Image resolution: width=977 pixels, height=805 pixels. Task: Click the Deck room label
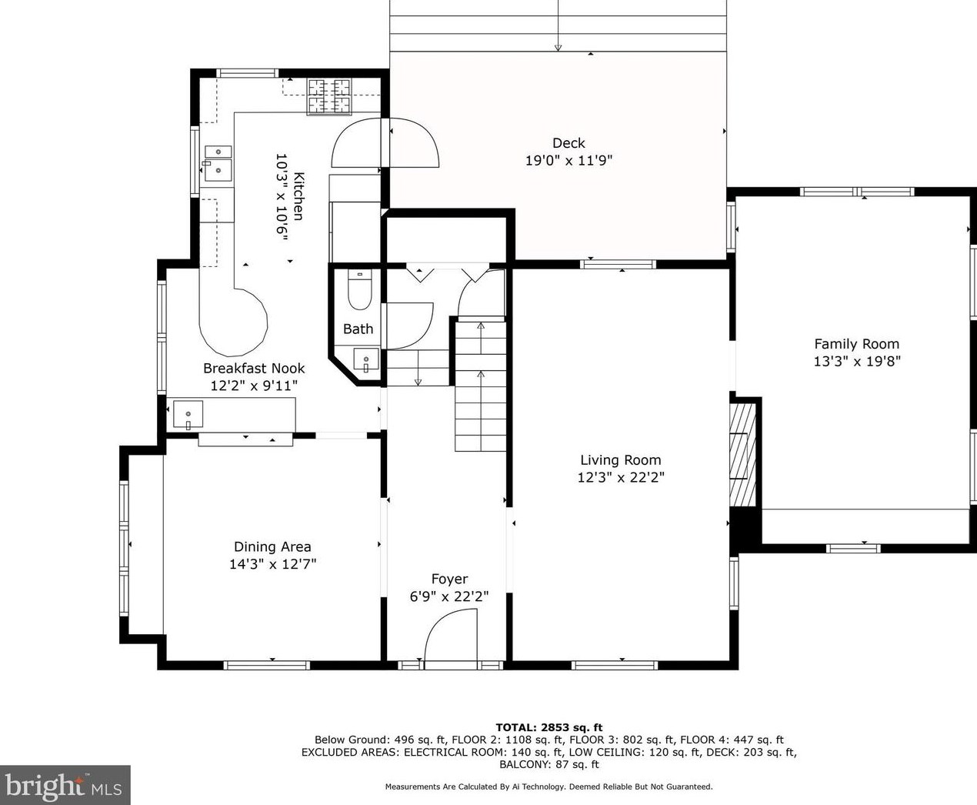569,142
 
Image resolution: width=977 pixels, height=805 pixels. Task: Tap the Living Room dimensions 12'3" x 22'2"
621,477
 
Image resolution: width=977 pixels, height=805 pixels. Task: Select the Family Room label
857,344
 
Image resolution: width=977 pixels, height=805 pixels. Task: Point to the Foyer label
449,579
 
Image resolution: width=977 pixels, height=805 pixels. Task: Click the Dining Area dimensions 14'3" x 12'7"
273,564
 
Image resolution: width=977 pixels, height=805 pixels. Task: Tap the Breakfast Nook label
254,369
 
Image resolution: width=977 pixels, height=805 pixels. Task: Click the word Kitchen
298,196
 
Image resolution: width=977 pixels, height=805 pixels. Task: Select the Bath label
358,329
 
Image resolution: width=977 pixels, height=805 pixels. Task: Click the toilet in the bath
360,289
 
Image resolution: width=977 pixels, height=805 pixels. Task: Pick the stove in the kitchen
329,96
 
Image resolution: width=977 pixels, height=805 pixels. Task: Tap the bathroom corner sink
366,359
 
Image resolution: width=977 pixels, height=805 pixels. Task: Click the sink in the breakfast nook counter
188,414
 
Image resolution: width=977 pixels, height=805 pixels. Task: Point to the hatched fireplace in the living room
743,456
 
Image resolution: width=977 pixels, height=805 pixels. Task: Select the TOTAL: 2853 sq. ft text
549,727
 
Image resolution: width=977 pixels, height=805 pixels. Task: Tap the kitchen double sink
218,163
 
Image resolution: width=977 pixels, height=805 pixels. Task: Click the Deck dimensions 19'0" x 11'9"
569,161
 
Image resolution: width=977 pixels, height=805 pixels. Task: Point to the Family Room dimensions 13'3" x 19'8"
857,361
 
